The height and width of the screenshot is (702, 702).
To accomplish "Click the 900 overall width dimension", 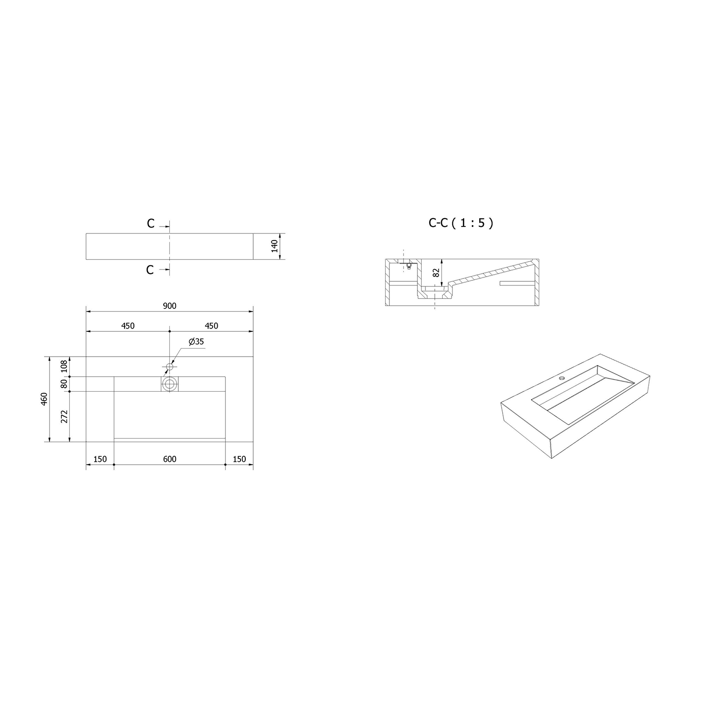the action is point(169,306).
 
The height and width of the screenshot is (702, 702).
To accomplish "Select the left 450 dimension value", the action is point(128,326).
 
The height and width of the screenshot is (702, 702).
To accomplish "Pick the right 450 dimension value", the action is point(212,326).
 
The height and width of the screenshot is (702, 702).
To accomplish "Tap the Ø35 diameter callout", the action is point(196,342).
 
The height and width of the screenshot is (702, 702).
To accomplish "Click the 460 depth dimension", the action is point(44,399).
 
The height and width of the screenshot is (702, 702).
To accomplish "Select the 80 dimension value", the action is point(65,384).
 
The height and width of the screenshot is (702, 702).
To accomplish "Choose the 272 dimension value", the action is point(65,416).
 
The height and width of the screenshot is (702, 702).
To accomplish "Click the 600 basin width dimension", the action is point(169,459).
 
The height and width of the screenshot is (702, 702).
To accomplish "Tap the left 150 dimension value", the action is point(100,459).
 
